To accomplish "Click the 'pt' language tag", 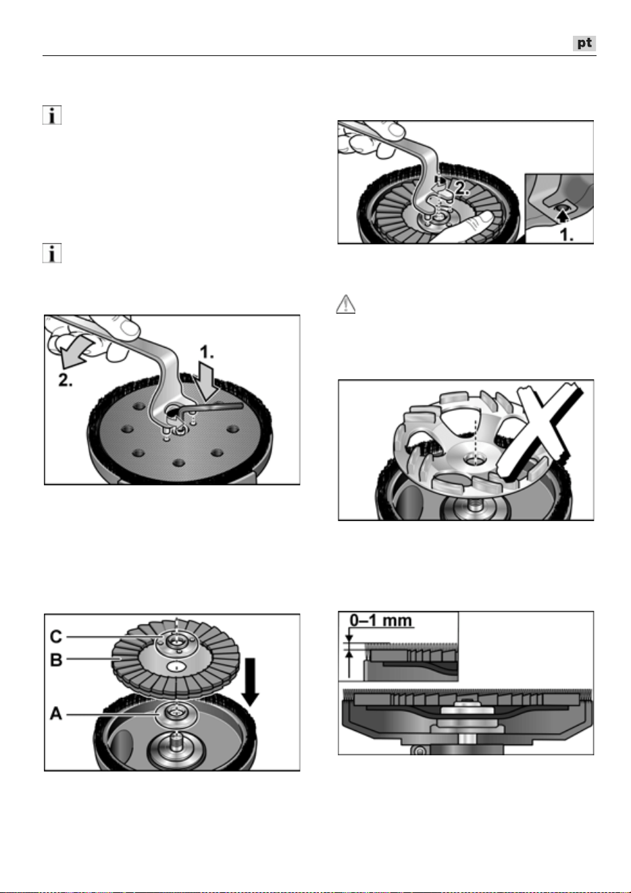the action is pos(584,43).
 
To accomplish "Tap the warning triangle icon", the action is pos(346,304).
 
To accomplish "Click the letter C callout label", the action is pos(56,637).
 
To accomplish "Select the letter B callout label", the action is pos(56,659).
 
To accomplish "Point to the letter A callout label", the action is pos(56,713).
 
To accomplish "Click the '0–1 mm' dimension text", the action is pos(381,620).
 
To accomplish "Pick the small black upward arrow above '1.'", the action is pos(562,216).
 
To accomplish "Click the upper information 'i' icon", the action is pos(52,115).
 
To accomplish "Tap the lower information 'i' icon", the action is pos(52,253).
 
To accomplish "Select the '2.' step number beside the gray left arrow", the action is pos(66,380).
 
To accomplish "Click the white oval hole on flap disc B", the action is pos(175,666).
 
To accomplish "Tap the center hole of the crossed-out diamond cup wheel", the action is pos(474,460).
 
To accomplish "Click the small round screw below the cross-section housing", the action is pos(419,751).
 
